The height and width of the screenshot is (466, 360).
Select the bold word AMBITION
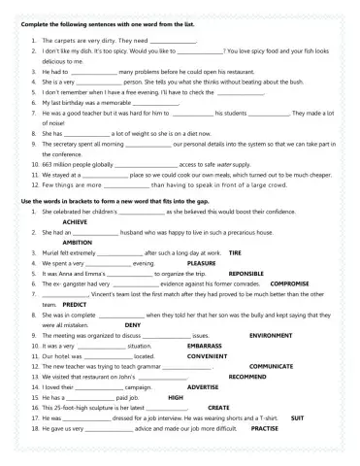64,242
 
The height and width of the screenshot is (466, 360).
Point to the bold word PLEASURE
201,263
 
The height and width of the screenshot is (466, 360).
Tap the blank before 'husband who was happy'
97,233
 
